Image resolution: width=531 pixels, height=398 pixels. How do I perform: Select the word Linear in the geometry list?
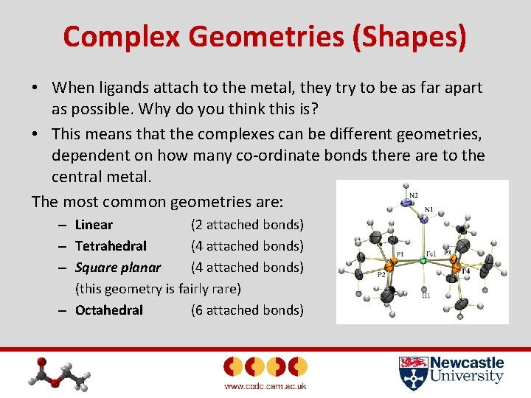[x=94, y=225]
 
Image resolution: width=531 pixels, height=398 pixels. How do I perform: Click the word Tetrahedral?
[x=111, y=246]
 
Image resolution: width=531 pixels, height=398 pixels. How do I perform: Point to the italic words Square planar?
[x=117, y=268]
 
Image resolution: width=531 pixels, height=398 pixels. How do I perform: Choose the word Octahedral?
[x=109, y=310]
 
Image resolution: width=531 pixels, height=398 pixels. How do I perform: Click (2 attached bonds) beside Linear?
[x=247, y=225]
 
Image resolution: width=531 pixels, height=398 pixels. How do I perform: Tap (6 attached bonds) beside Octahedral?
[x=247, y=310]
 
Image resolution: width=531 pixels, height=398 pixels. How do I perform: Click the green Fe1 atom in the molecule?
[x=423, y=260]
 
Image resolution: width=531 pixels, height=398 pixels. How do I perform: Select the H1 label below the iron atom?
[x=426, y=296]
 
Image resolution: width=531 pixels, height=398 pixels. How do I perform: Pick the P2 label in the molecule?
[x=382, y=274]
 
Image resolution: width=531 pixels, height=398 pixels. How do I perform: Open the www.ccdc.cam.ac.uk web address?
[x=265, y=386]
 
